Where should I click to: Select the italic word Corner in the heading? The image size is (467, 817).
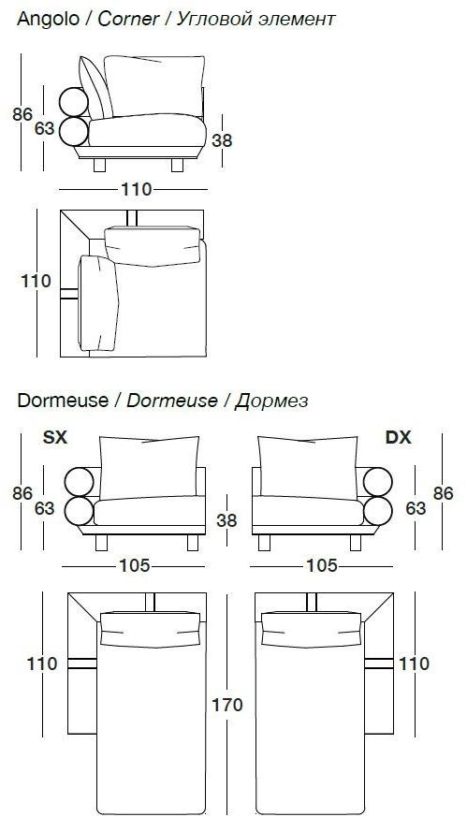(x=128, y=20)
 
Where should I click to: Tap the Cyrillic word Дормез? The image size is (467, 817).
(x=271, y=401)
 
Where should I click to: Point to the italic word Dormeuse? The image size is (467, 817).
(x=172, y=401)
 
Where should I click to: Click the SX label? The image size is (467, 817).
(x=54, y=438)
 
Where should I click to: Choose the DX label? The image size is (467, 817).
(x=398, y=438)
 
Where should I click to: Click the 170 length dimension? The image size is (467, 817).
(x=226, y=705)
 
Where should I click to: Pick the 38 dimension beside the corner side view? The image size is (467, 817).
(x=222, y=140)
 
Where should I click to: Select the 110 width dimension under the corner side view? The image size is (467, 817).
(x=136, y=189)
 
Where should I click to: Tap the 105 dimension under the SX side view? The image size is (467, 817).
(x=135, y=566)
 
